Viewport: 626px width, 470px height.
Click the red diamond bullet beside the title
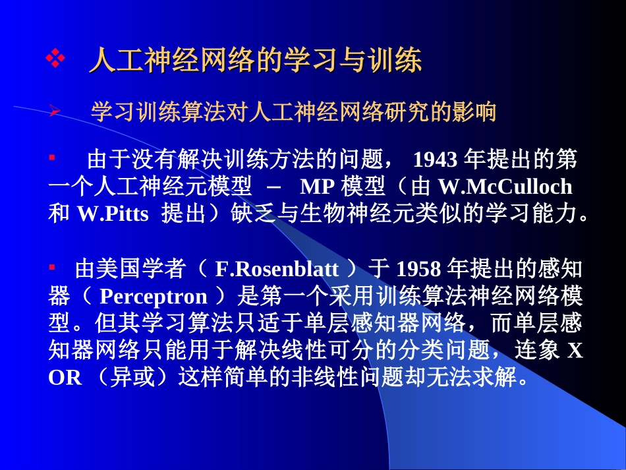(x=55, y=61)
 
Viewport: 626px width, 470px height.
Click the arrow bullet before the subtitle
(x=55, y=113)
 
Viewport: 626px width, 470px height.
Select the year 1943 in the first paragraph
(x=435, y=160)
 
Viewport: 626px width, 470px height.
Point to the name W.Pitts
(x=113, y=214)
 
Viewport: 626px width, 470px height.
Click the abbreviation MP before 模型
(x=316, y=187)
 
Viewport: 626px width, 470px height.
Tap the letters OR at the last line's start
(x=65, y=378)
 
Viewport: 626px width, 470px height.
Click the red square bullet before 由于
(x=52, y=158)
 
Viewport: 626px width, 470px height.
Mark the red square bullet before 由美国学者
(x=52, y=267)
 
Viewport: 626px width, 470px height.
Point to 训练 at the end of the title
(x=398, y=61)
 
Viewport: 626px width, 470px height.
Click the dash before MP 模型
(x=277, y=187)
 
